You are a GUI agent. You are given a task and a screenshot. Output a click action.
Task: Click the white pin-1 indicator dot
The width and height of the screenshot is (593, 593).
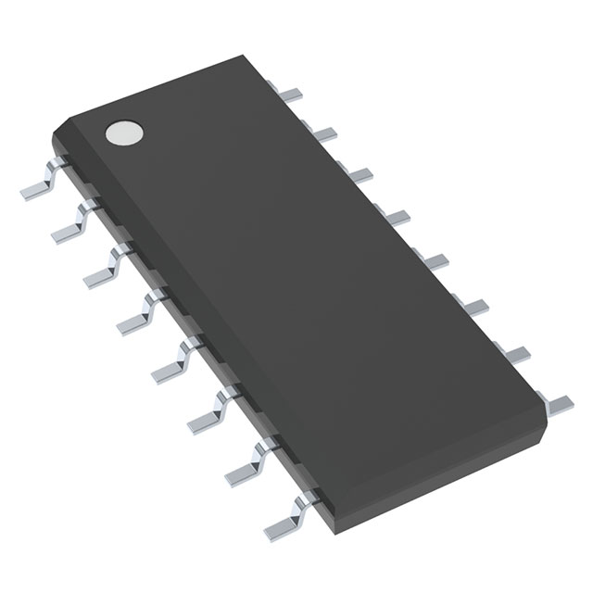coord(123,133)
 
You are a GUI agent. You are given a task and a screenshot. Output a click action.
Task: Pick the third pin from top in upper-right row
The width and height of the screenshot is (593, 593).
coord(358,174)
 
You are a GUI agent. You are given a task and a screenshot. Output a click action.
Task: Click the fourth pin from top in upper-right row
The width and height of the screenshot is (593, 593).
coord(396,218)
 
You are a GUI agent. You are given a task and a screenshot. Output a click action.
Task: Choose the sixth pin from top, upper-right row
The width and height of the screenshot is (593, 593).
coord(474,306)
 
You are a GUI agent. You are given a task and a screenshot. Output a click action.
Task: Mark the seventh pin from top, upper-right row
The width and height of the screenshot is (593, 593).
coord(515,353)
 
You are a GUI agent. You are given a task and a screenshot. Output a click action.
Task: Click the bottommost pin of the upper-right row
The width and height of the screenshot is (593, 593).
coord(559,402)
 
